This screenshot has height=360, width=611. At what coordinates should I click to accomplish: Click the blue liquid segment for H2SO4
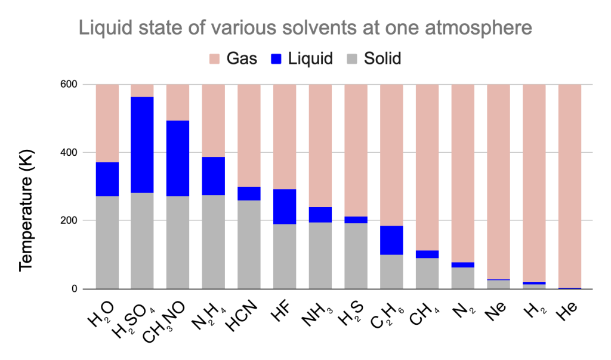click(x=142, y=144)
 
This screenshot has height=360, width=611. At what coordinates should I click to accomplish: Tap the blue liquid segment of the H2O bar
click(x=107, y=179)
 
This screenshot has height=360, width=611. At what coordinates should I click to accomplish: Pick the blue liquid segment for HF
click(x=285, y=207)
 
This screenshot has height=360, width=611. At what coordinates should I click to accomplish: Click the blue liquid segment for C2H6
click(x=391, y=240)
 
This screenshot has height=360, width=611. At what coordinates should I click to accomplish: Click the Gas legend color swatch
click(x=216, y=59)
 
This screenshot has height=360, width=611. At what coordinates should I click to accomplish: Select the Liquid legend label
click(x=310, y=59)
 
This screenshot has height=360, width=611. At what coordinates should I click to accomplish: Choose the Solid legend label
click(x=382, y=59)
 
